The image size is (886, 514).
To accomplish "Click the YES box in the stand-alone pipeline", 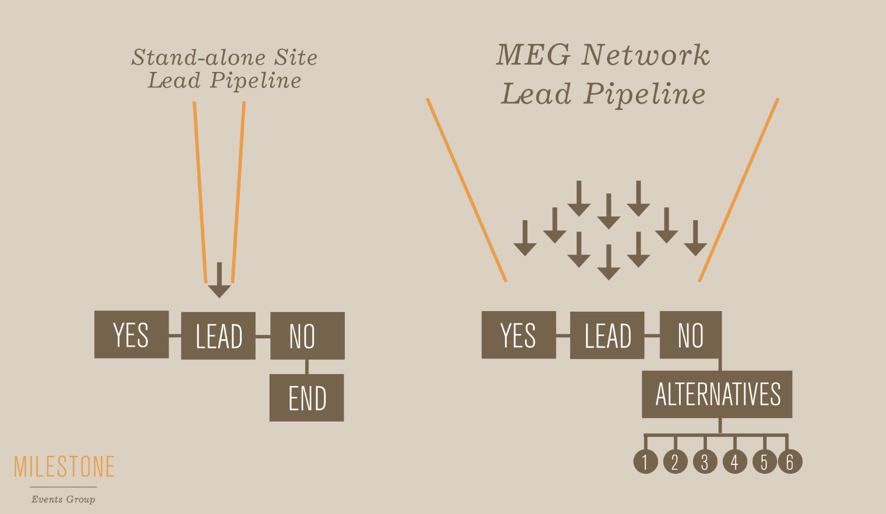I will coord(131,334).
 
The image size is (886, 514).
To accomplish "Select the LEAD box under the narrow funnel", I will coord(218,336).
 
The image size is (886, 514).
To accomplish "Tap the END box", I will coord(306,397).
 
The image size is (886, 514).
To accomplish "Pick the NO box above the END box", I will coord(307,336).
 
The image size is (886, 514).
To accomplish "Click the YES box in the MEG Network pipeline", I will coord(518,334).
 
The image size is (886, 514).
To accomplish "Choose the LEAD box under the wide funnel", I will coord(607,336).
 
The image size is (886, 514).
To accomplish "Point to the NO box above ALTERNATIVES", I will coord(690,335).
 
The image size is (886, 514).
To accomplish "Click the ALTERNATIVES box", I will coord(717,394).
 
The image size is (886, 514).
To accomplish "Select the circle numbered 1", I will coord(646,462).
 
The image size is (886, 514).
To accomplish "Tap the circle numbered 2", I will coord(675,462).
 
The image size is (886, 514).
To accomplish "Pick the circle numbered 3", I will coord(705,462).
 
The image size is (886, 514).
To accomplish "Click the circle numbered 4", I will coord(734,462).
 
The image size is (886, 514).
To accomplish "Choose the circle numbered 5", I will coord(764,462).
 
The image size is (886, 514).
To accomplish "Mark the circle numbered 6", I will coord(790,462).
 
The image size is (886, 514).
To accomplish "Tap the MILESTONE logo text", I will coord(64,467).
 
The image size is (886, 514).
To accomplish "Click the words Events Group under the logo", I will coord(63,499).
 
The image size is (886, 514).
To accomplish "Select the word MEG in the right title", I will coord(533,55).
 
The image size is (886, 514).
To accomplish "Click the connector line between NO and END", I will coord(307,367).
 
